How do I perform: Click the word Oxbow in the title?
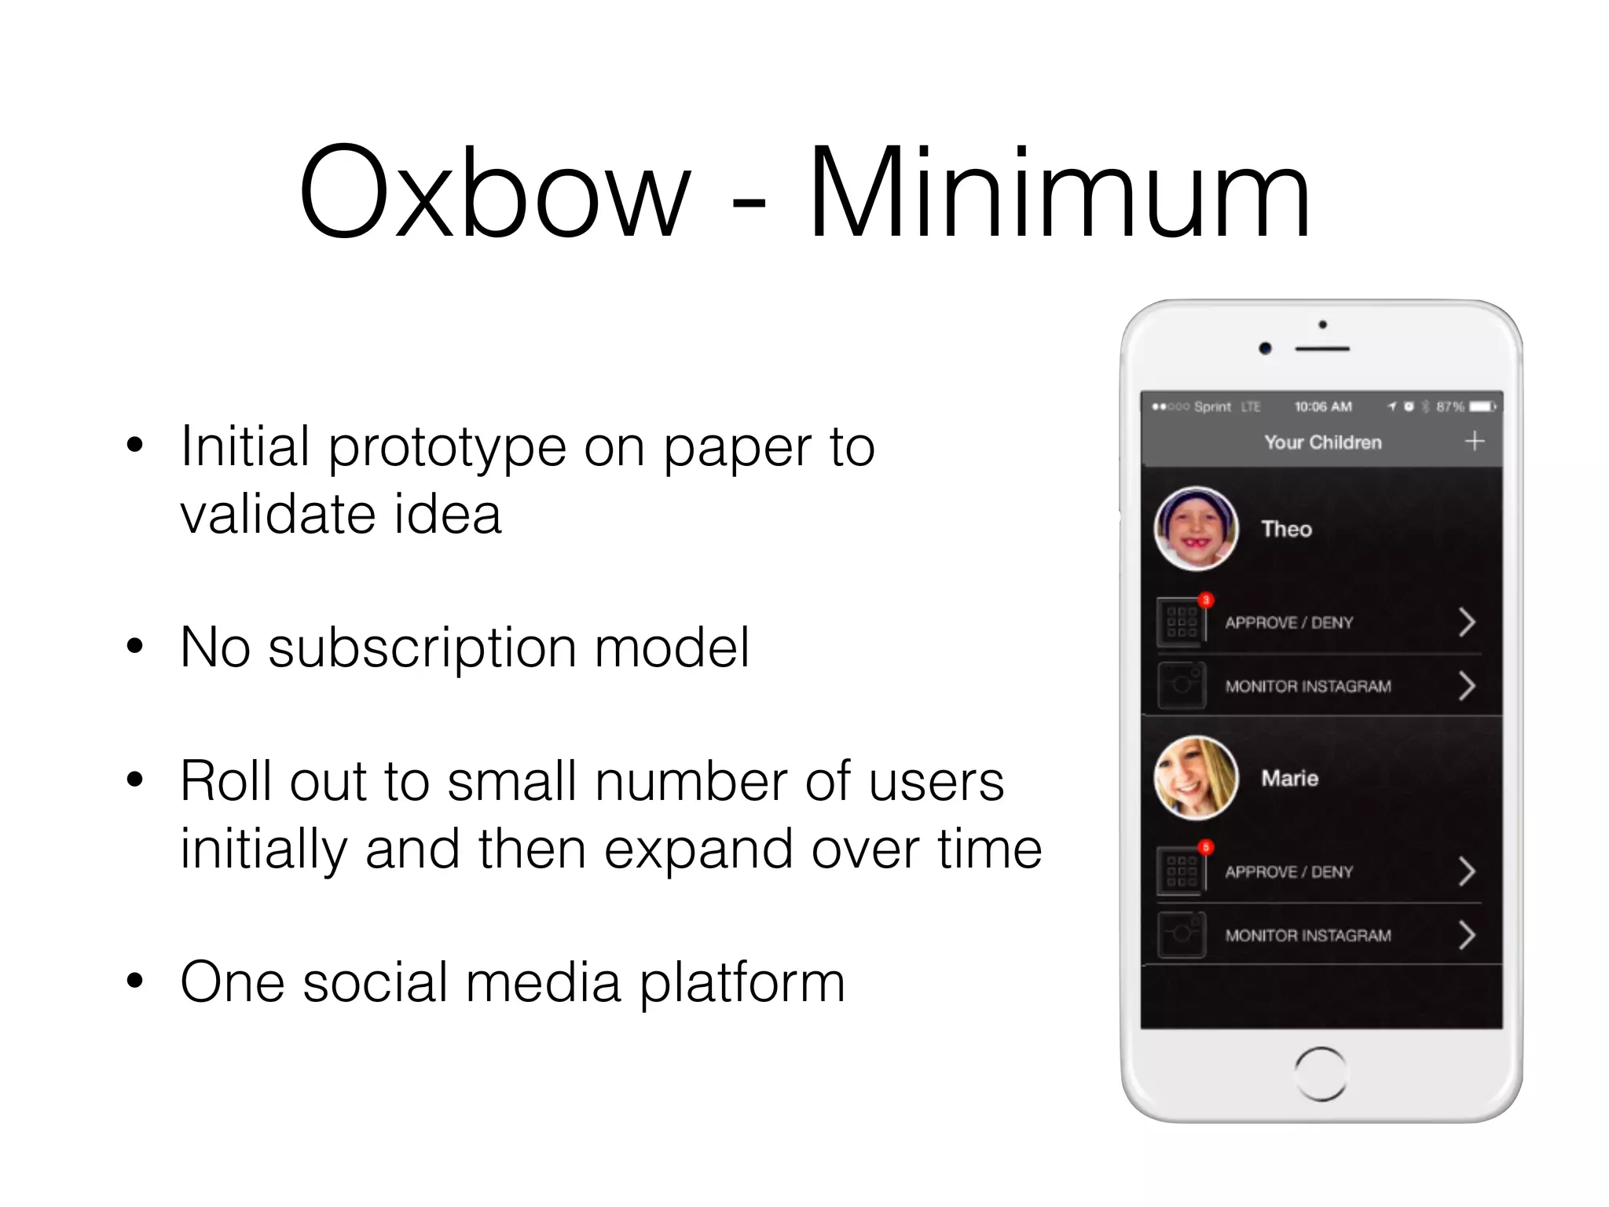(x=495, y=193)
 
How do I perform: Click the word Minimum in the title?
(x=1059, y=193)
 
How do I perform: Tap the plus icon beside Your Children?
(x=1475, y=441)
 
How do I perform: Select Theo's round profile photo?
(x=1196, y=529)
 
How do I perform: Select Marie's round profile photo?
(x=1196, y=778)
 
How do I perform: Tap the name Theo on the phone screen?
(x=1286, y=529)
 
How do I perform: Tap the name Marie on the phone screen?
(x=1289, y=778)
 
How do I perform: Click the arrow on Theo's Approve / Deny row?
(x=1466, y=622)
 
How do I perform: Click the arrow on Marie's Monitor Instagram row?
(x=1466, y=935)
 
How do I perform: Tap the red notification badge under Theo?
(x=1206, y=600)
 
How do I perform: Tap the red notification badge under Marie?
(x=1206, y=847)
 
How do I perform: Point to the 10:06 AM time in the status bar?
(x=1323, y=406)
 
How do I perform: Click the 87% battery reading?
(x=1450, y=406)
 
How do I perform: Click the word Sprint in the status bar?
(x=1212, y=406)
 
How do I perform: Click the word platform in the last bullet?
(x=742, y=983)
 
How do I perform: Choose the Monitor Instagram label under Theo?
(x=1308, y=686)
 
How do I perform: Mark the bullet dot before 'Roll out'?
(x=135, y=780)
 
